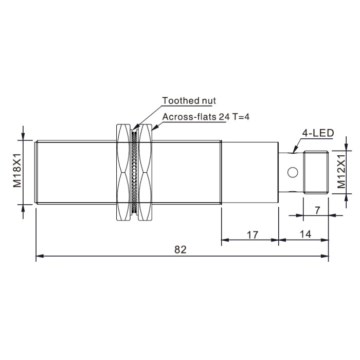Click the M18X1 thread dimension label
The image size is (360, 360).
17,170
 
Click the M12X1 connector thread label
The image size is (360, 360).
341,171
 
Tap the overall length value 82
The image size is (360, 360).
181,249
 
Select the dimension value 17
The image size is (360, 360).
253,235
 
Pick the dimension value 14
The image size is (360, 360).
305,234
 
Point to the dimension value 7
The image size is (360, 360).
317,210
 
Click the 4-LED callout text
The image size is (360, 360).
318,133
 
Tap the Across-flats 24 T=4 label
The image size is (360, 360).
206,117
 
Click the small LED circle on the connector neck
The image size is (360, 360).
293,172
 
